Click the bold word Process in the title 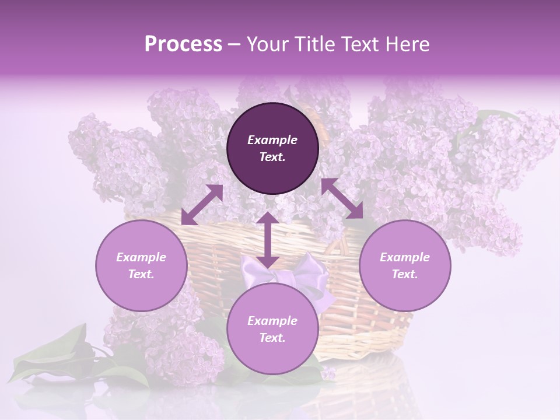183,44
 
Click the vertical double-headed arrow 268,240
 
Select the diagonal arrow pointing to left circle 202,205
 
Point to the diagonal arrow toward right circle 342,198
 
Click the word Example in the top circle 272,140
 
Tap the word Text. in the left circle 141,274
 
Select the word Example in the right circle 405,257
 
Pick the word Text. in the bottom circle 272,338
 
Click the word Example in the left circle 141,257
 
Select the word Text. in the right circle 405,274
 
